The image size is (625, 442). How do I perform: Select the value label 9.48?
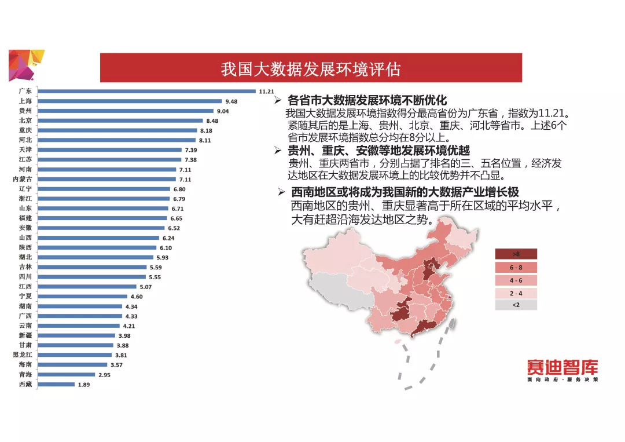[x=231, y=101]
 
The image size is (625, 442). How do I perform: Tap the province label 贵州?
[x=25, y=111]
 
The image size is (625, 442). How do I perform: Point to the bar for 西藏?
[x=57, y=385]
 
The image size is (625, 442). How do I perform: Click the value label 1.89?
[x=84, y=385]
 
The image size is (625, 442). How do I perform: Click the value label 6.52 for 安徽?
[x=174, y=228]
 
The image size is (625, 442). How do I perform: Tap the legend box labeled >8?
[x=516, y=254]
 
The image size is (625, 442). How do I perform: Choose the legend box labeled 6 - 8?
[x=516, y=267]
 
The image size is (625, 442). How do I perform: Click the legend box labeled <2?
[x=516, y=305]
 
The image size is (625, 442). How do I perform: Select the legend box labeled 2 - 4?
[x=516, y=293]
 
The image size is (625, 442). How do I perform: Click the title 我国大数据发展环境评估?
[x=311, y=69]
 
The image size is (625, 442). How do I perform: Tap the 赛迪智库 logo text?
[x=562, y=367]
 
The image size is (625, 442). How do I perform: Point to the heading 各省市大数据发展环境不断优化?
[x=367, y=100]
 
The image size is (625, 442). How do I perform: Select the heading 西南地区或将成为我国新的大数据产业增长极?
[x=405, y=192]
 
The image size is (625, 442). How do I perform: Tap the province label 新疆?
[x=25, y=335]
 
